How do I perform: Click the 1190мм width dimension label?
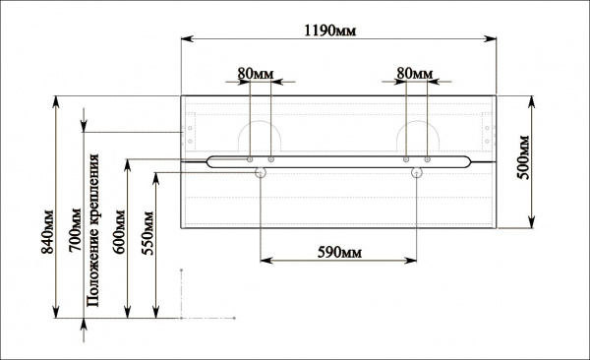(x=329, y=30)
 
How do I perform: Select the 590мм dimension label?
(x=339, y=253)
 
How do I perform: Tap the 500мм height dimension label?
(x=523, y=157)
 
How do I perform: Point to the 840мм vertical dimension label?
(x=48, y=231)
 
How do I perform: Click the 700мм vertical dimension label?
(x=75, y=230)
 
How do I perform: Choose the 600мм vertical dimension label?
(x=119, y=232)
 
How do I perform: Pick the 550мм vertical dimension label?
(x=147, y=233)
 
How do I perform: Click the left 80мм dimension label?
(x=256, y=73)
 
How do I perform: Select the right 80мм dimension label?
(x=415, y=73)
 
